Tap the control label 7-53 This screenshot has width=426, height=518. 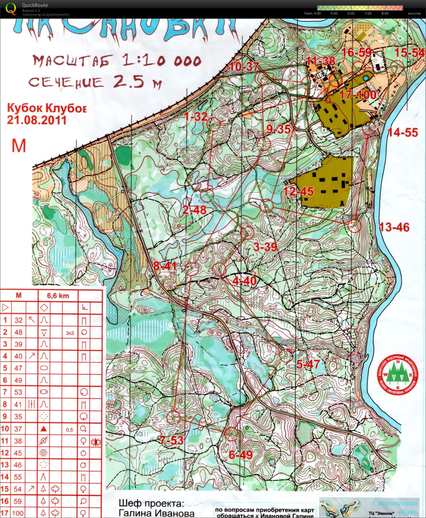point(171,440)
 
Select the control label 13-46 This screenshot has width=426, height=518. point(394,227)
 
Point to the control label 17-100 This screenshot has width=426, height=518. point(358,95)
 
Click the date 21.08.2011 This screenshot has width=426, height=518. point(37,120)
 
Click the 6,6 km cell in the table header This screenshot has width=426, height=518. point(58,296)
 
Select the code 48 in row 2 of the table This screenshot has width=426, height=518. point(18,332)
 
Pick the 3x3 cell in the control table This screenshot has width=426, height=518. point(70,333)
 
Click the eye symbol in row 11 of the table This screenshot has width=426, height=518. point(96,442)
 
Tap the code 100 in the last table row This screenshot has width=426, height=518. point(18,513)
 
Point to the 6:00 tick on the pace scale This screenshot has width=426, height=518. point(351,13)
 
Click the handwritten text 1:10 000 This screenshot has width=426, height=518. point(162,60)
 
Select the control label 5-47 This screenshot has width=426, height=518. point(308,364)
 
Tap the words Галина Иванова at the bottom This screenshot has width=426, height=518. point(157,513)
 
